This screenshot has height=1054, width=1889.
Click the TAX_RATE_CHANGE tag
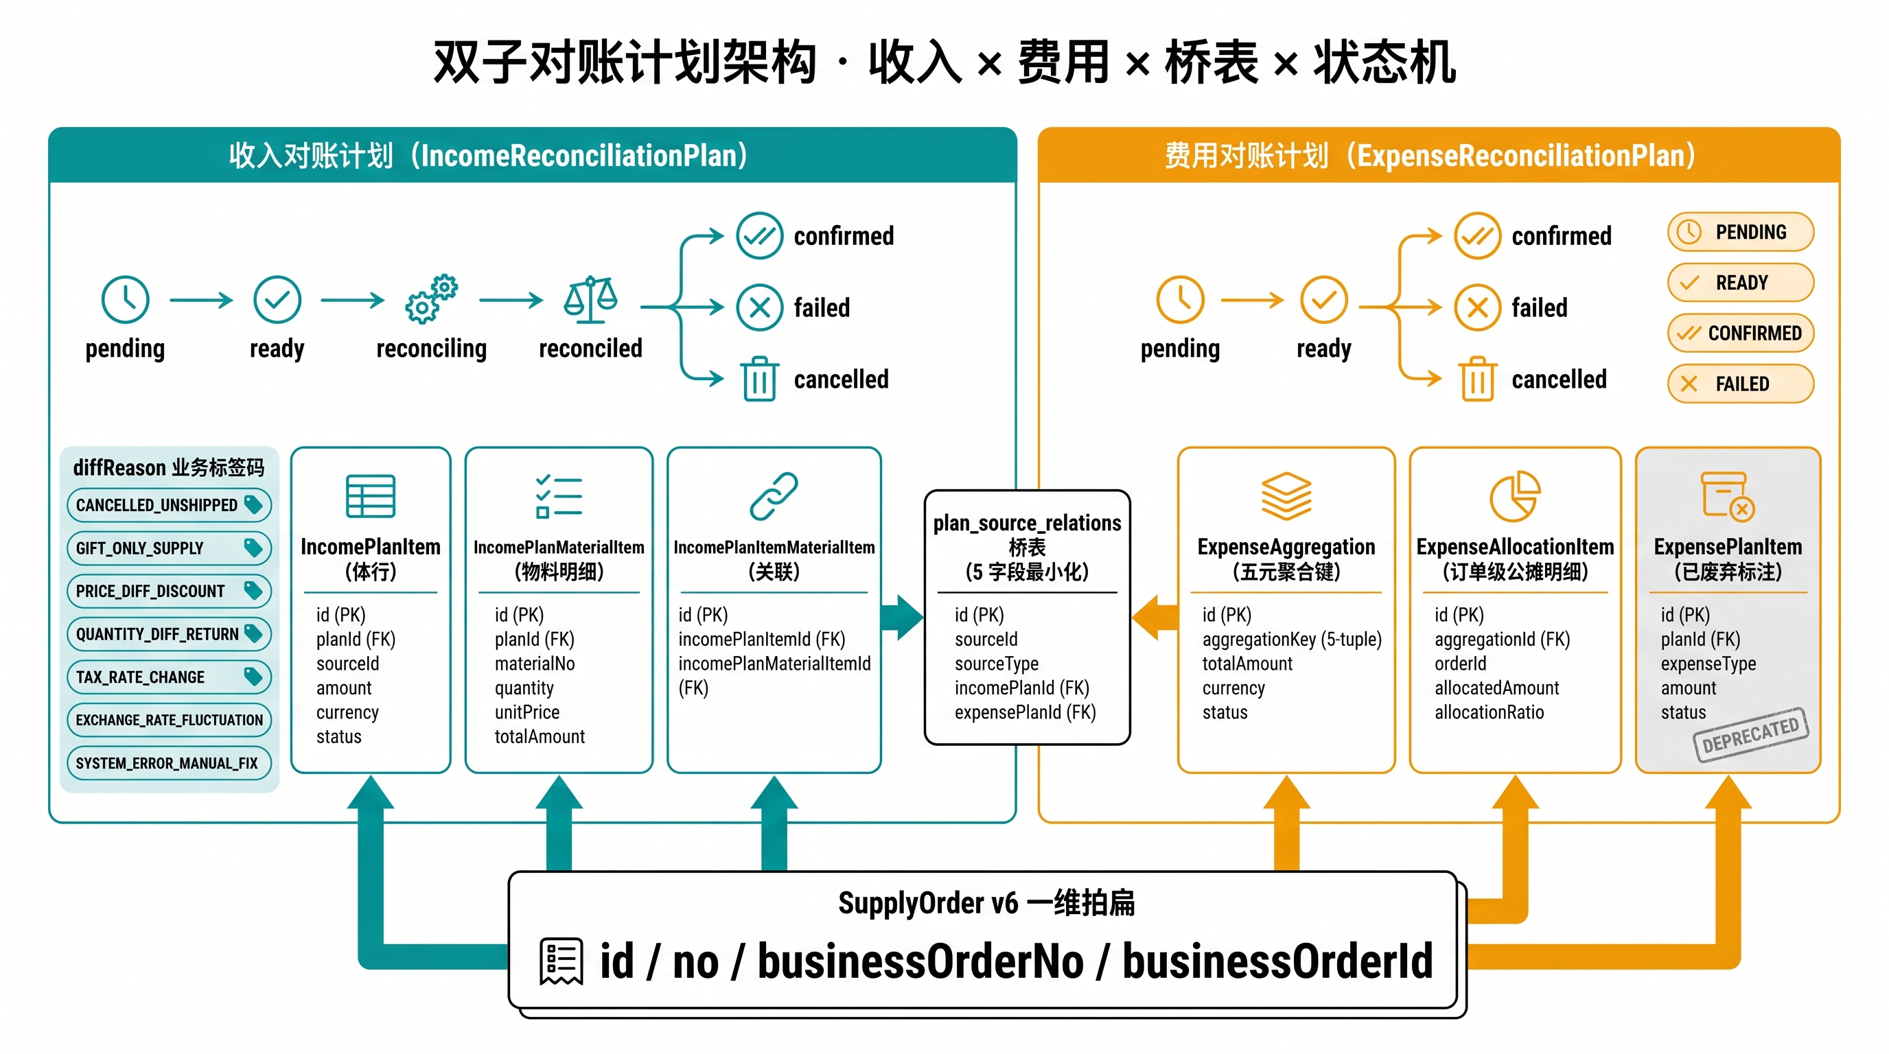[169, 677]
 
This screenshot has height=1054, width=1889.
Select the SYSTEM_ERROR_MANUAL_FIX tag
[169, 763]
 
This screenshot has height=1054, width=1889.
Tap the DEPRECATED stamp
[1750, 734]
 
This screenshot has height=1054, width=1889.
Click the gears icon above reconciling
[431, 299]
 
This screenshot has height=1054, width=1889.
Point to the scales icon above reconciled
[590, 299]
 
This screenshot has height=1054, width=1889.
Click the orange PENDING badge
[1740, 233]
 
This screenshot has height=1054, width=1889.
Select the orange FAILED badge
[1740, 384]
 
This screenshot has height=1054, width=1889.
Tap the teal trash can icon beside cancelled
[760, 379]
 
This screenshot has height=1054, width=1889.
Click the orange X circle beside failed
[1477, 307]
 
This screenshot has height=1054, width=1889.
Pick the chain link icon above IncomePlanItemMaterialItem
[774, 496]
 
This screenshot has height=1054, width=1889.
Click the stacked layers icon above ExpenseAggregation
[1286, 496]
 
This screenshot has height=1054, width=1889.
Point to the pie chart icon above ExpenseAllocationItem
[1515, 496]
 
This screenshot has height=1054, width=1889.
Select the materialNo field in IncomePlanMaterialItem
[535, 664]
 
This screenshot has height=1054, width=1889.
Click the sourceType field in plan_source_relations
[997, 664]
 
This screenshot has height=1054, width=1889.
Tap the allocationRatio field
[1490, 712]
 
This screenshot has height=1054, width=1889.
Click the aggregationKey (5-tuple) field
[1291, 639]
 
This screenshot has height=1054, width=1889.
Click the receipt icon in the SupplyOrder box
[561, 961]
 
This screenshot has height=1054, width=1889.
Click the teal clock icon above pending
[126, 299]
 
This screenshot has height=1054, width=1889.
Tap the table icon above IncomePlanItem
[371, 496]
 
